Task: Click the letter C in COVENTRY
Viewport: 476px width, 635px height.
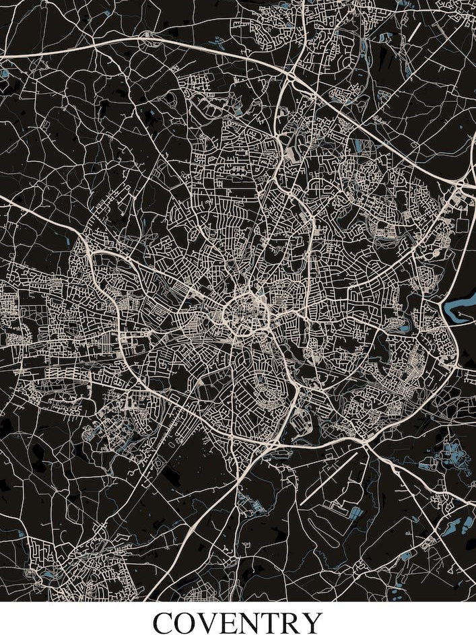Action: click(x=166, y=623)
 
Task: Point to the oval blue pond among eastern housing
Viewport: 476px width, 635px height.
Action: click(x=404, y=328)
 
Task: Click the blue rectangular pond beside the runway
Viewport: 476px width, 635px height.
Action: click(x=354, y=514)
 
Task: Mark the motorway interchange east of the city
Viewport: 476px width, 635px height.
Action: click(x=463, y=183)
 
